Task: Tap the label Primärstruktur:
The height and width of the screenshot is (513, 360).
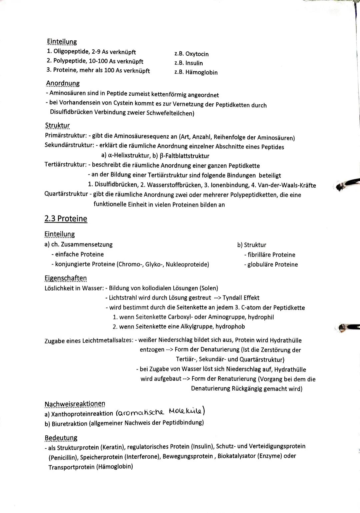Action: click(66, 136)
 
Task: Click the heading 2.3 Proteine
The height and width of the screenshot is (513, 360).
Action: click(66, 218)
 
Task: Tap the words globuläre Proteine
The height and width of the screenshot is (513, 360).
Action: click(272, 265)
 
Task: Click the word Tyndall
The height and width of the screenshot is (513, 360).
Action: click(232, 298)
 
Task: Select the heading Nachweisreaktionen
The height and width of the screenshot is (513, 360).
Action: click(75, 404)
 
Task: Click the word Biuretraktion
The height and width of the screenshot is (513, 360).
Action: click(70, 423)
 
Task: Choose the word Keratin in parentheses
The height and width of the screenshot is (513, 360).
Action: click(113, 447)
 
